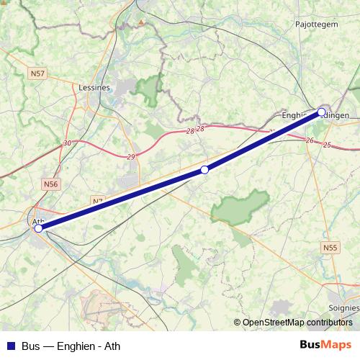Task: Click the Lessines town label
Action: pyautogui.click(x=94, y=87)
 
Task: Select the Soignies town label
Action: pyautogui.click(x=343, y=307)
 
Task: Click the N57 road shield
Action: pyautogui.click(x=37, y=73)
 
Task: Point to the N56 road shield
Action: pyautogui.click(x=50, y=184)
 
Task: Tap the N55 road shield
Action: pyautogui.click(x=330, y=248)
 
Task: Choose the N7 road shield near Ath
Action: pyautogui.click(x=99, y=201)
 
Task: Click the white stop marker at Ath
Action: pyautogui.click(x=38, y=228)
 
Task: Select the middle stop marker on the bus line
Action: pyautogui.click(x=204, y=170)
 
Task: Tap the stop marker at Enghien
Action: pyautogui.click(x=321, y=112)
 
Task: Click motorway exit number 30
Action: pyautogui.click(x=67, y=144)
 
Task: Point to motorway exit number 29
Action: pyautogui.click(x=131, y=156)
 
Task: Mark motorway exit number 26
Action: pyautogui.click(x=310, y=140)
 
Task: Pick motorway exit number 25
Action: pyautogui.click(x=328, y=145)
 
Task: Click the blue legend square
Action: pyautogui.click(x=9, y=346)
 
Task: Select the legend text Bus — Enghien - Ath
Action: pyautogui.click(x=71, y=346)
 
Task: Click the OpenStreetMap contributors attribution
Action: pyautogui.click(x=297, y=322)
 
